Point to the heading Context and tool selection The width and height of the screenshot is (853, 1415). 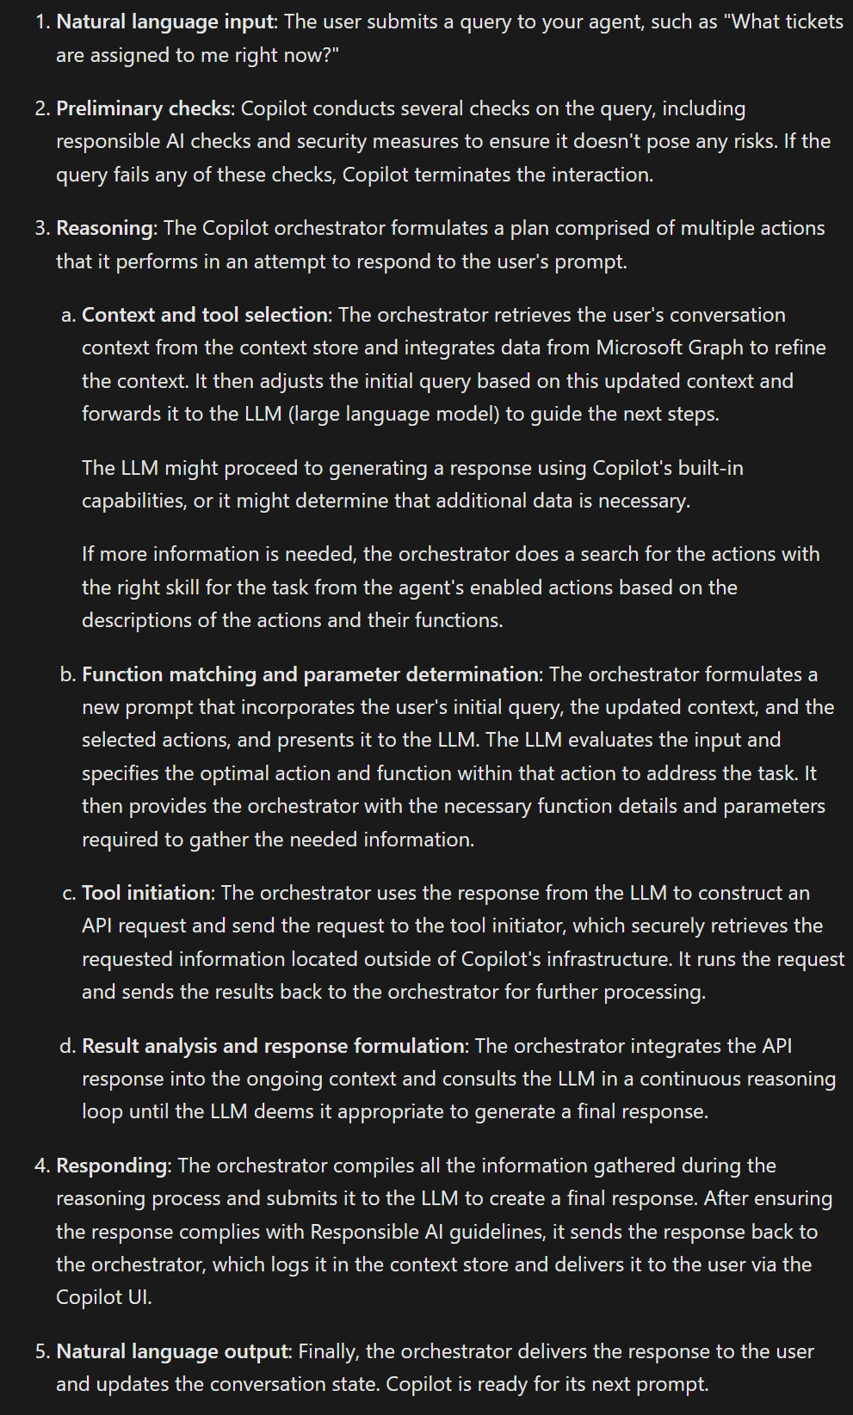click(x=205, y=315)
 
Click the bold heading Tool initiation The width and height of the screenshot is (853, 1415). click(x=146, y=893)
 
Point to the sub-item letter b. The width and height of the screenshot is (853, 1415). click(x=67, y=674)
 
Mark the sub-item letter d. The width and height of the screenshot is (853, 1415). click(x=67, y=1046)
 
